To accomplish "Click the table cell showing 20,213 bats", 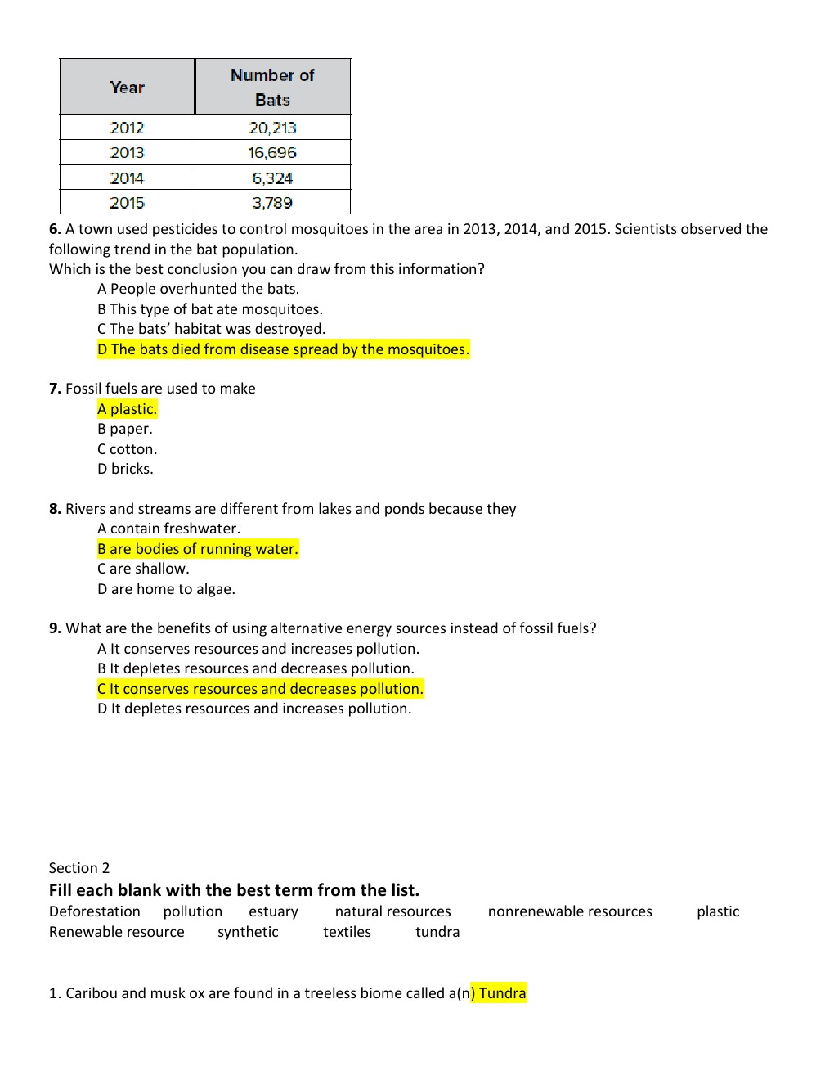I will (272, 128).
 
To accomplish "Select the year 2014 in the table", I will (127, 178).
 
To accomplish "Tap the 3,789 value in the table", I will (272, 202).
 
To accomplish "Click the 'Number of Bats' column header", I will (272, 87).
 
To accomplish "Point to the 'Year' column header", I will (127, 87).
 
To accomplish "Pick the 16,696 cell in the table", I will (272, 152).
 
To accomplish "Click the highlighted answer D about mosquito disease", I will (283, 349).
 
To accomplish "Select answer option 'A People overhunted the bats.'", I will (198, 289).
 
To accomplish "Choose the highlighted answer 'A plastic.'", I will (127, 409).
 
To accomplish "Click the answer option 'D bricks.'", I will (125, 469).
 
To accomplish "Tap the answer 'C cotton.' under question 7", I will (127, 449).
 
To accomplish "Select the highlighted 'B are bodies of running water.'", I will (198, 549).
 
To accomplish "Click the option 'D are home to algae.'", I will (166, 589).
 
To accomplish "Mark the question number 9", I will (55, 628).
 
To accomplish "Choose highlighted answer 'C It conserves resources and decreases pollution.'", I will (260, 689).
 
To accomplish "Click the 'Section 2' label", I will (78, 868).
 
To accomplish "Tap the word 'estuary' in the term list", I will (273, 911).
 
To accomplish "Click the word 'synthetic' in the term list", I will (248, 932).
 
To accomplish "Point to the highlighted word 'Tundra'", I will (502, 993).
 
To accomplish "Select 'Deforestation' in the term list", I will (94, 911).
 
